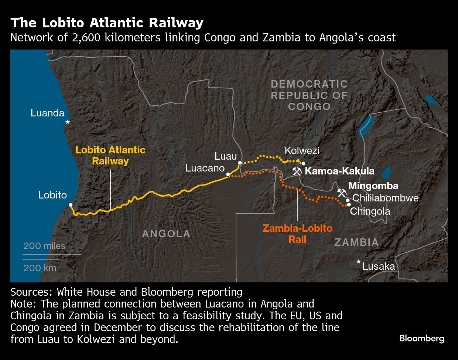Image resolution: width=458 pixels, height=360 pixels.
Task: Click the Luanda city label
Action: [47, 113]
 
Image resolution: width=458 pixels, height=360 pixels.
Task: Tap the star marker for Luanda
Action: [68, 122]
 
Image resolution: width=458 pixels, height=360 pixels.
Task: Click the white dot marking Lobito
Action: [71, 205]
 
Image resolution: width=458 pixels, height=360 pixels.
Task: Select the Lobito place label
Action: [52, 195]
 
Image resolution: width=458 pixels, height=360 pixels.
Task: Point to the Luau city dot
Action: [240, 163]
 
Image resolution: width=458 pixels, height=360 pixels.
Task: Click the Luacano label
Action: [205, 168]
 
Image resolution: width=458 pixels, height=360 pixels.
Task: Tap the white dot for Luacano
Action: [228, 174]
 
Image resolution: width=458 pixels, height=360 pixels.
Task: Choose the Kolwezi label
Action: [302, 151]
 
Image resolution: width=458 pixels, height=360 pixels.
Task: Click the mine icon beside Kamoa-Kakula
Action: [297, 171]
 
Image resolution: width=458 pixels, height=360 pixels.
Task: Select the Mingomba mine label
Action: [373, 186]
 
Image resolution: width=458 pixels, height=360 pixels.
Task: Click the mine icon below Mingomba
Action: [342, 193]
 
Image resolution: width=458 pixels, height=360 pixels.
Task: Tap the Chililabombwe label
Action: [385, 198]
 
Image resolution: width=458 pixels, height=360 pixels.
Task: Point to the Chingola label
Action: [370, 211]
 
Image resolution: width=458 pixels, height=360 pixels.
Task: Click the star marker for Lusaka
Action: [358, 262]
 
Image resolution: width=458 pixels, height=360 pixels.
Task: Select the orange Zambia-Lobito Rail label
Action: [297, 234]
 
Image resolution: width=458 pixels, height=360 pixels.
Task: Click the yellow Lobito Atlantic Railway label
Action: [110, 156]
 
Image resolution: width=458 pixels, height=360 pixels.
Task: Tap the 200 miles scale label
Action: [44, 246]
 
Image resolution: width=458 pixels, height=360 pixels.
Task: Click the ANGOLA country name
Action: [166, 234]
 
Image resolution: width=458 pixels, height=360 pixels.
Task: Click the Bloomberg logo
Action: [421, 338]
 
